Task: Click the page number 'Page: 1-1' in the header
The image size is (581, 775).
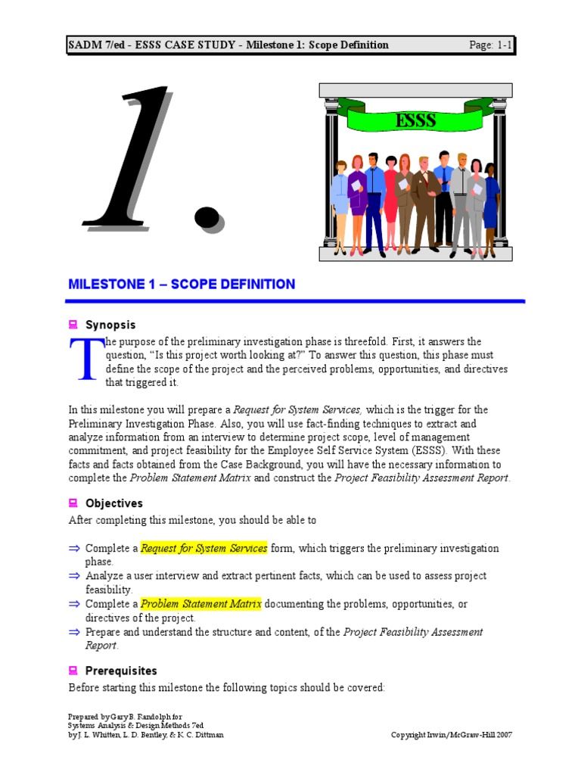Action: tap(491, 45)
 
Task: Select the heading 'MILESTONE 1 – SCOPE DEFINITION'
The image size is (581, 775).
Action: tap(182, 285)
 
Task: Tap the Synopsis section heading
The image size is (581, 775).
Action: tap(110, 325)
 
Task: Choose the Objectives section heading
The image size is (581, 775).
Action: tap(113, 503)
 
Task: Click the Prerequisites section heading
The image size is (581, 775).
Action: tap(121, 671)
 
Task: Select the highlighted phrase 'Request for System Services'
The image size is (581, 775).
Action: tap(204, 548)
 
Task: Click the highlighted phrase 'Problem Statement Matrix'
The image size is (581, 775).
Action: tap(201, 604)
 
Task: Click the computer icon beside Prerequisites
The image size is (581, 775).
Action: tap(73, 671)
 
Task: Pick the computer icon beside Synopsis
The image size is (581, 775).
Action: tap(73, 325)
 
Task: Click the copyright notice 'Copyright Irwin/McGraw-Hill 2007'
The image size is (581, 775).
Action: tap(452, 735)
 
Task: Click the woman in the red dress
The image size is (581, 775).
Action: tap(390, 197)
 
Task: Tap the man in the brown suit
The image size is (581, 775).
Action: tap(425, 201)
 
